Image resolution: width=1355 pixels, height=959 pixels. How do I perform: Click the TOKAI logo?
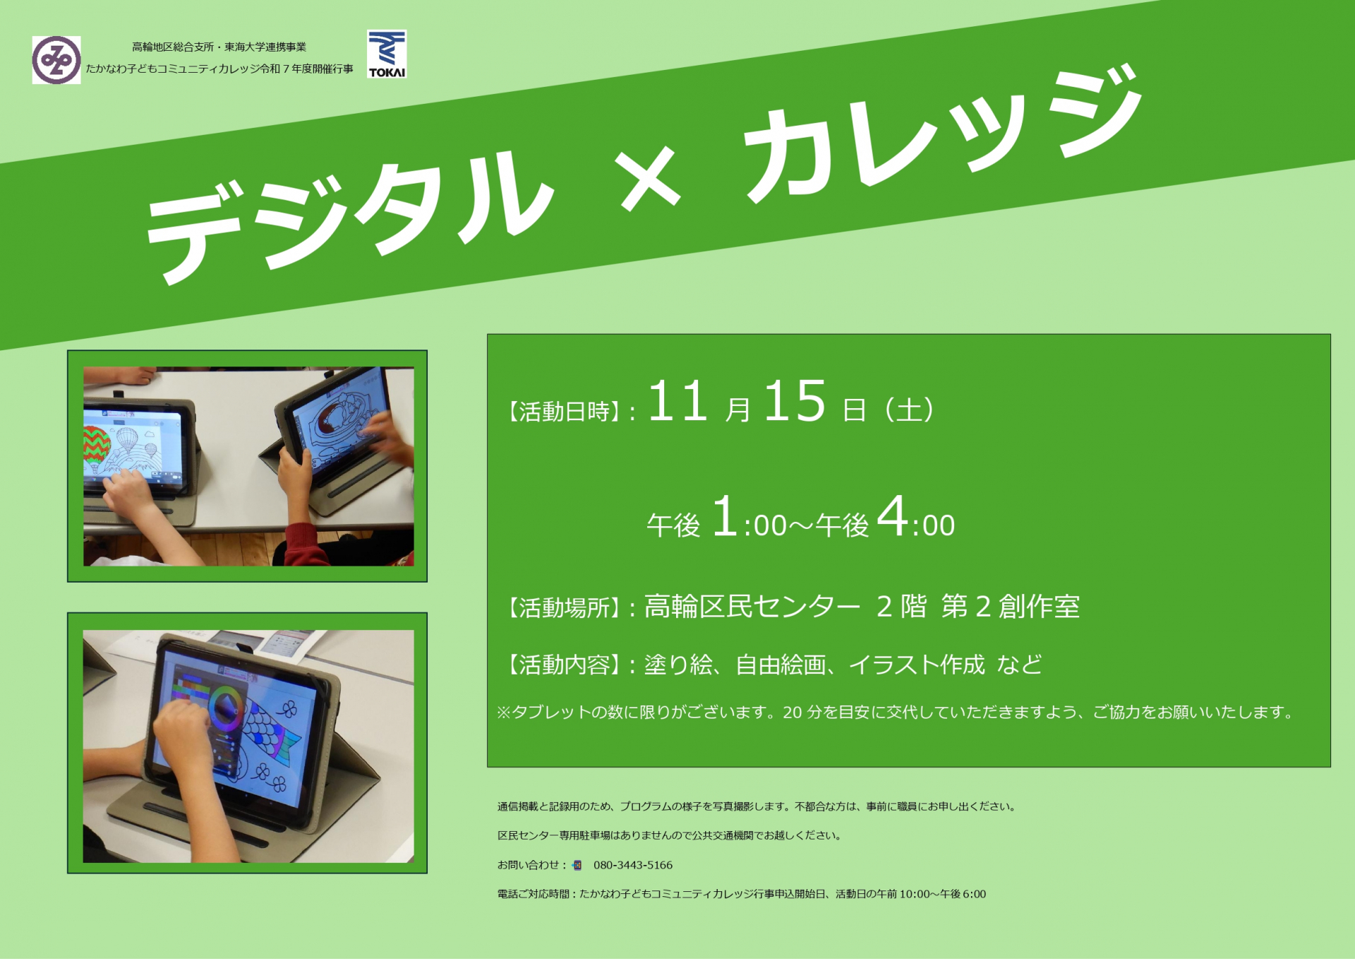[387, 54]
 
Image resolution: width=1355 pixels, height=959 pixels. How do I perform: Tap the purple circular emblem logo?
[56, 60]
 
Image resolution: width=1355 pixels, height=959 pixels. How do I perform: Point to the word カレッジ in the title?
[942, 135]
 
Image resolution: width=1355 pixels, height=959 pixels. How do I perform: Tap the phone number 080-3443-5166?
[633, 865]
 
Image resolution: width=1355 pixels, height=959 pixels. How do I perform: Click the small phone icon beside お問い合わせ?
[577, 865]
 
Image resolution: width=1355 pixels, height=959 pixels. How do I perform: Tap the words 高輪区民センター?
[752, 607]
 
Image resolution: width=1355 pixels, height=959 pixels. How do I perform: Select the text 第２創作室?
[1011, 607]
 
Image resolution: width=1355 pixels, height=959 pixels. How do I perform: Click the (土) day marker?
[910, 410]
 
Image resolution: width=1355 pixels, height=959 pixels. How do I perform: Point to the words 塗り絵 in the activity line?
[678, 665]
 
